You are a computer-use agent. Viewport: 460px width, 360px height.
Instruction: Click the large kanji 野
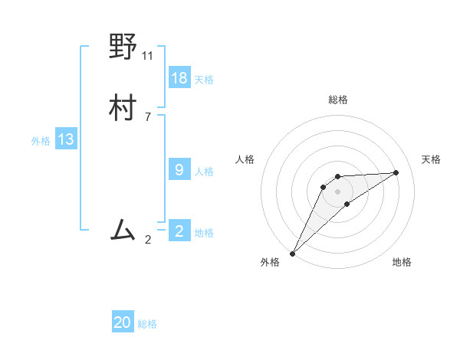123,48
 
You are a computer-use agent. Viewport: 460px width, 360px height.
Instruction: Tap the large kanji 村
123,108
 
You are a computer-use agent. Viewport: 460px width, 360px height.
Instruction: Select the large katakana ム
123,229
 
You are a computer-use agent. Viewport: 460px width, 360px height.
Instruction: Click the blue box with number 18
179,77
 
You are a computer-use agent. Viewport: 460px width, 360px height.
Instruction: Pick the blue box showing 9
179,170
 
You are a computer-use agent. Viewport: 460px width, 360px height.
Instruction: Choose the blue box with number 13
66,139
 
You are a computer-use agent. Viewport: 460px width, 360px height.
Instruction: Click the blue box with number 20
123,322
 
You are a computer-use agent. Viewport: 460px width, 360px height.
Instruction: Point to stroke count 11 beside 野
148,56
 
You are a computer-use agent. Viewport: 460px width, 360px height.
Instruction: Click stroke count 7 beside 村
148,116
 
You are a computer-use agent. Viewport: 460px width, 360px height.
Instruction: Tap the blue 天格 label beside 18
204,79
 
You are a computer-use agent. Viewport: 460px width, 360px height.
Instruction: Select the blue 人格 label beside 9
204,172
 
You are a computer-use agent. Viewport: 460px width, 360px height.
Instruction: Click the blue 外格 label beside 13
41,141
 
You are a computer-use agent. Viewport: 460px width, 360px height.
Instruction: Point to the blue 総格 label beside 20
147,324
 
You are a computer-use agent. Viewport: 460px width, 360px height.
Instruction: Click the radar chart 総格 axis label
338,100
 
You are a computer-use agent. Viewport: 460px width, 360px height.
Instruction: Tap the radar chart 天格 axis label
431,159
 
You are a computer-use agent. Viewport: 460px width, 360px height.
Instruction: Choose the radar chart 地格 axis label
402,262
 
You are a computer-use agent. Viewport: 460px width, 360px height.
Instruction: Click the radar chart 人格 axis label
245,159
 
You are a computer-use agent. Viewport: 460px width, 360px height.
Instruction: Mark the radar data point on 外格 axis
292,254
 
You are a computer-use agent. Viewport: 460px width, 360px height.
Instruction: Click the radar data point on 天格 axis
396,172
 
